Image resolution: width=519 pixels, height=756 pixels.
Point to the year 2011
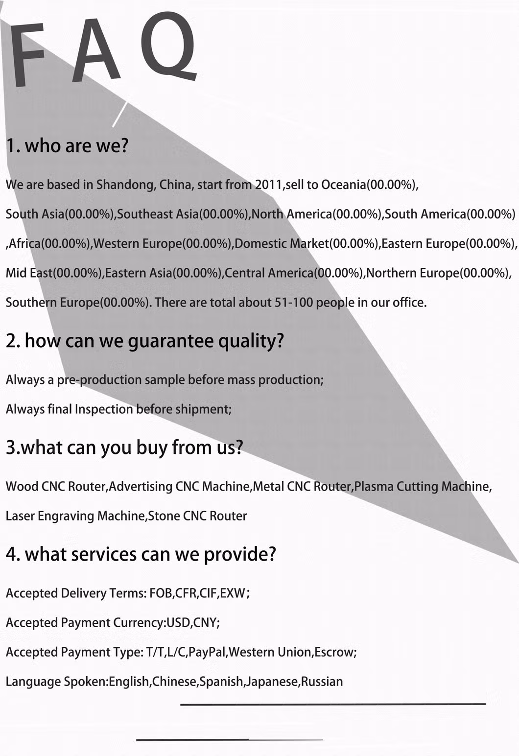tap(268, 185)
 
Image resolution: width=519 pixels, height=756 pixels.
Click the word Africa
tap(24, 243)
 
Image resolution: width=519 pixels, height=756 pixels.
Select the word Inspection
tap(104, 409)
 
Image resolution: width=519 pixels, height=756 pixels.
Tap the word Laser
tap(20, 516)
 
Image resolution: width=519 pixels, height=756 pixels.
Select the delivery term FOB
tap(161, 593)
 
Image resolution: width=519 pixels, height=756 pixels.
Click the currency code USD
tap(178, 623)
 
